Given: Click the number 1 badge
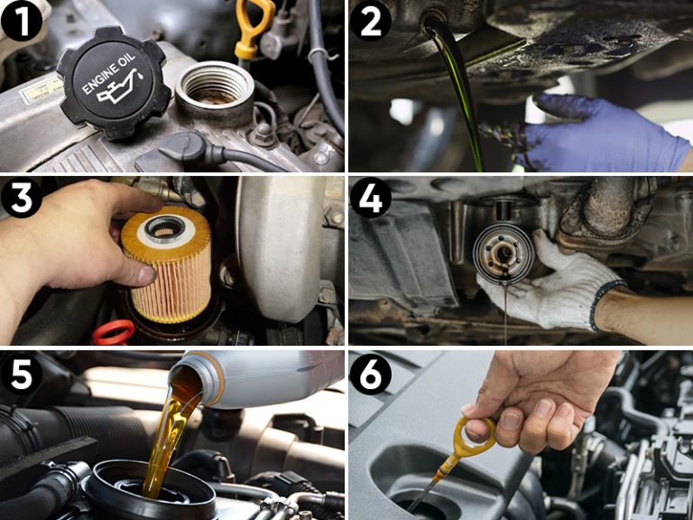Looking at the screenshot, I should click(23, 22).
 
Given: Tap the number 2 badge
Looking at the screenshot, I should click(370, 22).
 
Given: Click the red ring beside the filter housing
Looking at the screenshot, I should click(113, 332).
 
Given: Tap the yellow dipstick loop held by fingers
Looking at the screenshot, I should click(474, 436).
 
